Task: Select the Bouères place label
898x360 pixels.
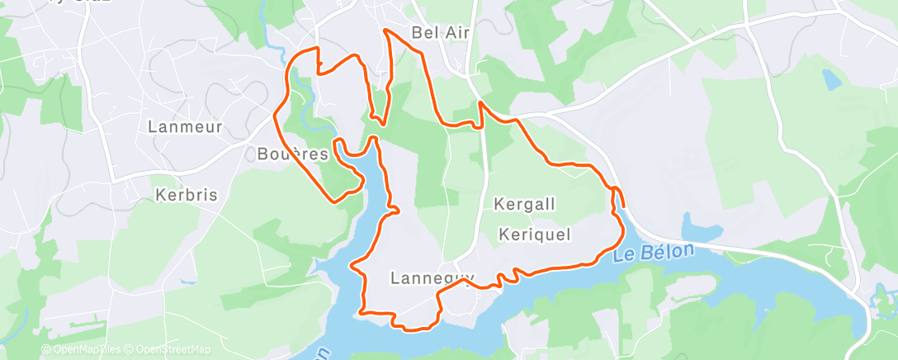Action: point(293,154)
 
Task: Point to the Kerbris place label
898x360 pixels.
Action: point(187,196)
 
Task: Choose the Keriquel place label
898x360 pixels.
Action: point(536,235)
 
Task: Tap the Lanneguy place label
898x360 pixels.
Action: point(430,277)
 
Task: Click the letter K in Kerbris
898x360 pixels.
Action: point(160,196)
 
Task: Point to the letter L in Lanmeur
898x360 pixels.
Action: point(153,126)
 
